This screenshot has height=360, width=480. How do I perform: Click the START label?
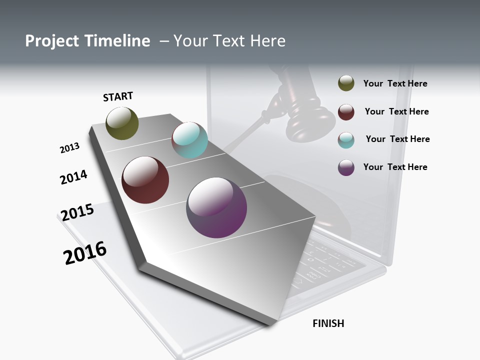coord(118,96)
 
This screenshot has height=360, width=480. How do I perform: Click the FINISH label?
coord(328,323)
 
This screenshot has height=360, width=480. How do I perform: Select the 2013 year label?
coord(69,147)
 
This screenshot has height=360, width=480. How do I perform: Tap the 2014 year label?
coord(73,177)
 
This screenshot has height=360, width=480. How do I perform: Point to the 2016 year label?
coord(85,253)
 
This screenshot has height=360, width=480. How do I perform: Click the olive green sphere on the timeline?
coord(122,123)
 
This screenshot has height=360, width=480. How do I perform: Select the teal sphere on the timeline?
coord(189,139)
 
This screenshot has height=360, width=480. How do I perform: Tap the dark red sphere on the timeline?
coord(145,180)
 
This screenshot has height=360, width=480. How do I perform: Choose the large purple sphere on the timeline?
coord(216,207)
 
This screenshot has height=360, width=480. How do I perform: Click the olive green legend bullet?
coord(346,83)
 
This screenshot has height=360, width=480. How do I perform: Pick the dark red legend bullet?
coord(346,112)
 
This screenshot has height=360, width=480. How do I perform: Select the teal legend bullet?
coord(346,139)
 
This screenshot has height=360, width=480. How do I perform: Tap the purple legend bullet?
coord(346,167)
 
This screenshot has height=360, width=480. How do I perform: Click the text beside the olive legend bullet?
coord(395,83)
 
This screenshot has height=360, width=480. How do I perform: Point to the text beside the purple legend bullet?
coord(395,167)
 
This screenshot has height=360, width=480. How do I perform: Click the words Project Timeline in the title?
coord(87,41)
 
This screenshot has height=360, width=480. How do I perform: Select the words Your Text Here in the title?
coord(229,41)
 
